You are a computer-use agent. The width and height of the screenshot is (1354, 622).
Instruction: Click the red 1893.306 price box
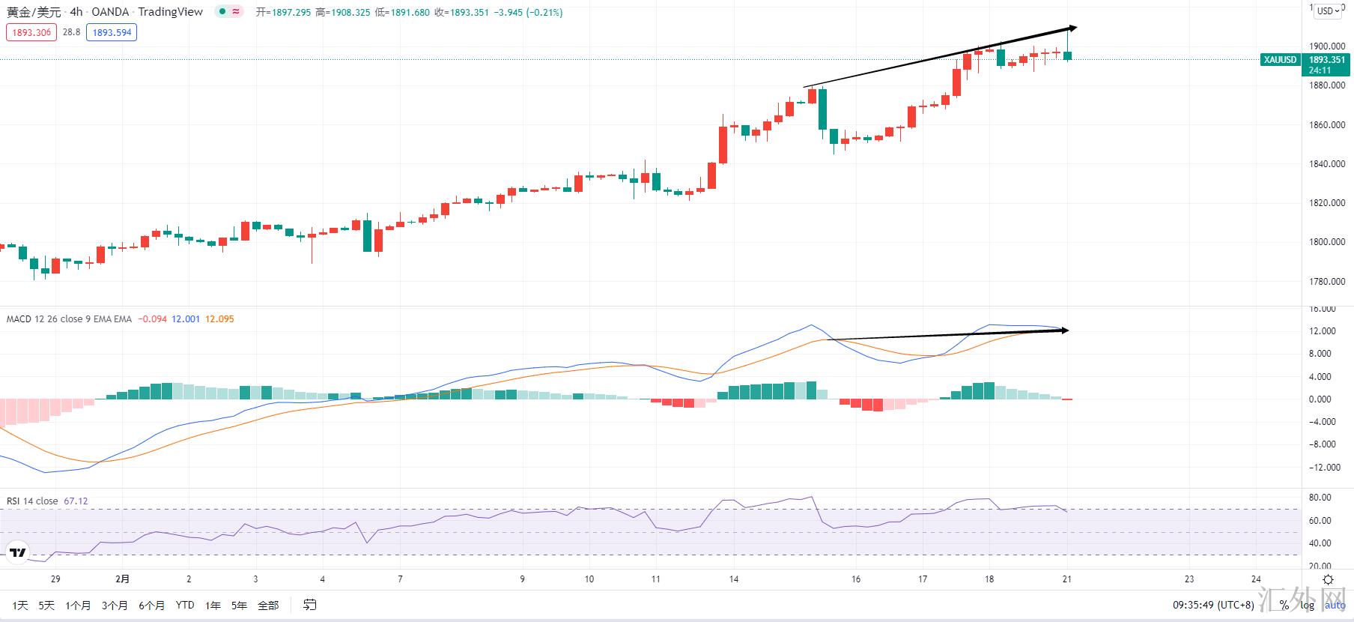pos(31,32)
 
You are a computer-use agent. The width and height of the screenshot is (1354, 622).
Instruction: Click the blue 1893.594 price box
pos(112,32)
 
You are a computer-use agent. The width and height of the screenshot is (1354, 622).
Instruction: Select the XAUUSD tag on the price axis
pos(1280,60)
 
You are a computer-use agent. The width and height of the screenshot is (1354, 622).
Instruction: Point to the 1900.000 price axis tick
pos(1327,46)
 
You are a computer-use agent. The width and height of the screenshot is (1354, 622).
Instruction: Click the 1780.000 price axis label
pos(1327,282)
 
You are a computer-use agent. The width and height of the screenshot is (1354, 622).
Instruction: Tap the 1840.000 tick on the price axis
pos(1327,164)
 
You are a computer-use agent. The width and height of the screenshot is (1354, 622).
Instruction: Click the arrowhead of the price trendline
pos(1073,28)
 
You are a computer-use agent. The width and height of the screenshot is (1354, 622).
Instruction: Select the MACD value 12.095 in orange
pos(219,319)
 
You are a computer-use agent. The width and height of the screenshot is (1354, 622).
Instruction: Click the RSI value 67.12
pos(76,501)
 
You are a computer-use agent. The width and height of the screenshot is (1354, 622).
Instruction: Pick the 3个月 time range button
pos(114,606)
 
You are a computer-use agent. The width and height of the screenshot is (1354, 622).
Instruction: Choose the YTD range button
pos(185,606)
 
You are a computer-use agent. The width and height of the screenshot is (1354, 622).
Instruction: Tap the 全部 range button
pos(268,606)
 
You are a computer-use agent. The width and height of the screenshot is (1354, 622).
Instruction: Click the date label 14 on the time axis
pos(734,579)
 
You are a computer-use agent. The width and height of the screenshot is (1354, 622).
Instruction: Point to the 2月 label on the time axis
pos(122,579)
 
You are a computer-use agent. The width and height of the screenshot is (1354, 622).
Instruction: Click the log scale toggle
pos(1307,606)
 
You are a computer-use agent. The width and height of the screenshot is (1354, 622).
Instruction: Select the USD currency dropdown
pos(1329,10)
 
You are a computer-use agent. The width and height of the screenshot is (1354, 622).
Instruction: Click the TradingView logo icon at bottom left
pos(17,554)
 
